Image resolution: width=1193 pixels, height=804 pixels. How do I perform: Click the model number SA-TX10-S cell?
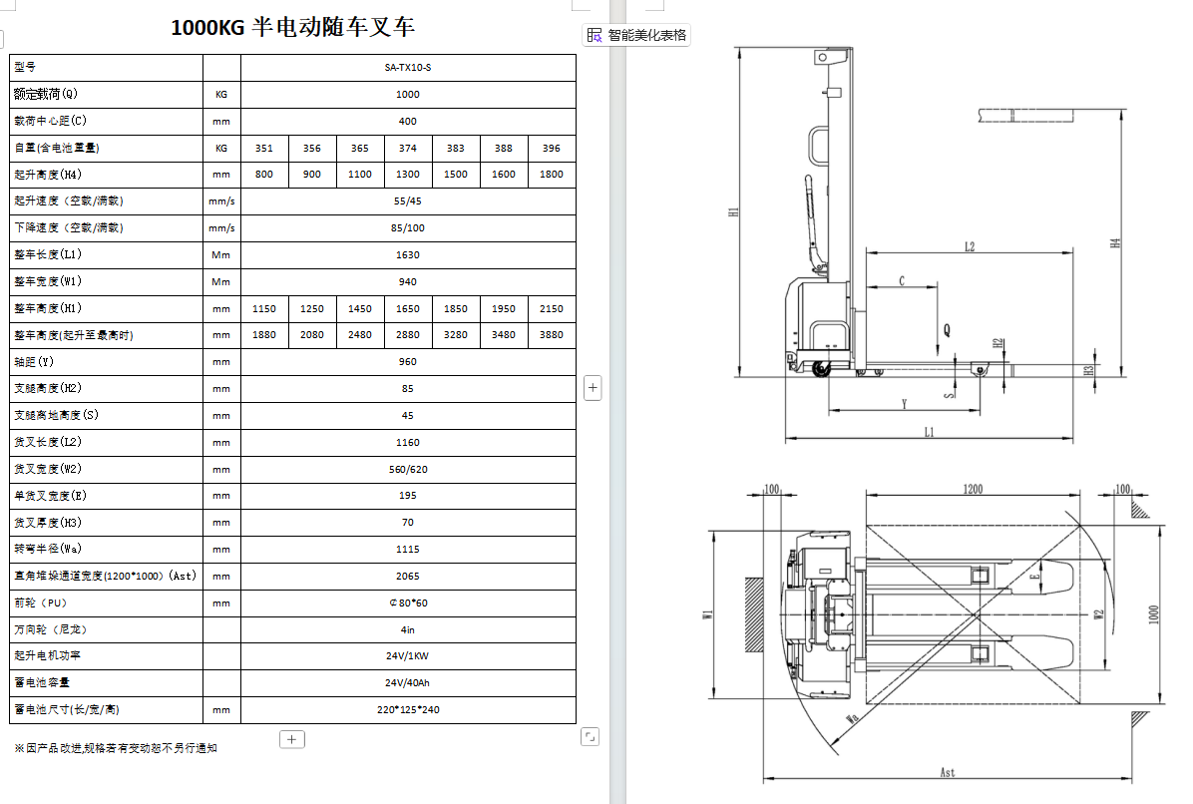click(x=408, y=68)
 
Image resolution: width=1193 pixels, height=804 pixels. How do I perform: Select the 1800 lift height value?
click(x=552, y=175)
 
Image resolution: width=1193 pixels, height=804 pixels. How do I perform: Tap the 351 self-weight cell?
click(x=263, y=149)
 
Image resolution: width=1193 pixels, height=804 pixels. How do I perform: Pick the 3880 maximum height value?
click(x=552, y=335)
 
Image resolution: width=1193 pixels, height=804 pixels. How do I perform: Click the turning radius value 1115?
click(x=408, y=550)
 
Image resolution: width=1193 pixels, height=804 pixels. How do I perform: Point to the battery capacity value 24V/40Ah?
click(x=408, y=683)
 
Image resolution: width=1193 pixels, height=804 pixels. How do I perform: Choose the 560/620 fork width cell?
click(x=408, y=469)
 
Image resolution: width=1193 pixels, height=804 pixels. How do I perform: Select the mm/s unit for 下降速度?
click(x=221, y=228)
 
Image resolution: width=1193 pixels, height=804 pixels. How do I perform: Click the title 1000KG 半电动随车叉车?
click(x=292, y=27)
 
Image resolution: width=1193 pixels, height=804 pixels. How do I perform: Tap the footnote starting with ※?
click(x=115, y=748)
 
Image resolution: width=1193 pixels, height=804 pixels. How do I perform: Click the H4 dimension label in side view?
click(x=1116, y=242)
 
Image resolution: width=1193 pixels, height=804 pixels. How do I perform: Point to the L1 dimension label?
click(x=930, y=432)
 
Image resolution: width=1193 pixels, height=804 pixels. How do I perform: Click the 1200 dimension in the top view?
click(x=973, y=489)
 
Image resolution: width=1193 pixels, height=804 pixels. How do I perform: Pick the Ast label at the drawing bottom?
click(x=948, y=772)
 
